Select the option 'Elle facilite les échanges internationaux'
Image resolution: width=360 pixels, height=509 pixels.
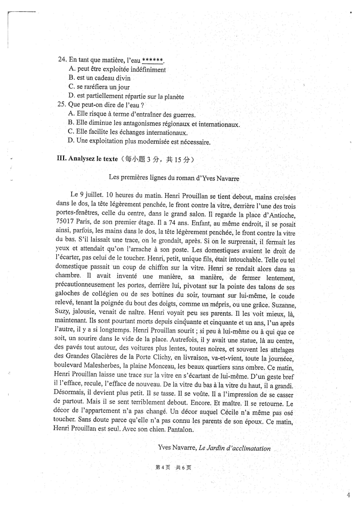point(127,132)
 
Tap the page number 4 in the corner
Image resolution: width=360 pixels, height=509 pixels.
point(348,495)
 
